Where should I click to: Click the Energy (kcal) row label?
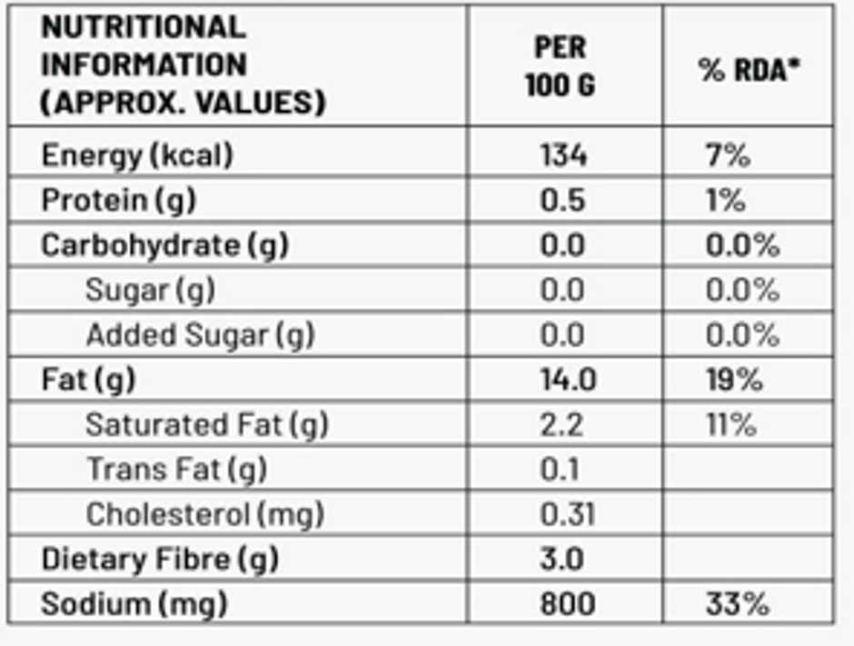tap(137, 155)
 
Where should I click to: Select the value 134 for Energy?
tap(563, 154)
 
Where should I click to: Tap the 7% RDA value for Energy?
tap(729, 154)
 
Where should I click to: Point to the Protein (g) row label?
tap(118, 201)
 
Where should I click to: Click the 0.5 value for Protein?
tap(562, 200)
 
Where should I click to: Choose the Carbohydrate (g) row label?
tap(164, 245)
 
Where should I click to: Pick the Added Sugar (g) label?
tap(201, 335)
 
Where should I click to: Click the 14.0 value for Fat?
tap(568, 379)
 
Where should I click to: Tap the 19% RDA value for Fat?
tap(734, 379)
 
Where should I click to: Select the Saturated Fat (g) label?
tap(207, 425)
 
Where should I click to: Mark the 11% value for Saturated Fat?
tap(731, 424)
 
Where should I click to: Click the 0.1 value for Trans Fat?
tap(560, 469)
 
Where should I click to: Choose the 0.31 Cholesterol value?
tap(568, 513)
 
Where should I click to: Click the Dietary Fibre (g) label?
tap(160, 560)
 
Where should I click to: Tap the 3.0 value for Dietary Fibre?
tap(561, 559)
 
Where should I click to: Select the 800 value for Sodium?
tap(568, 603)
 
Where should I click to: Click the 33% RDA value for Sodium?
tap(738, 603)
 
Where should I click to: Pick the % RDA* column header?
tap(750, 70)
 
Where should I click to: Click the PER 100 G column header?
tap(561, 66)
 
